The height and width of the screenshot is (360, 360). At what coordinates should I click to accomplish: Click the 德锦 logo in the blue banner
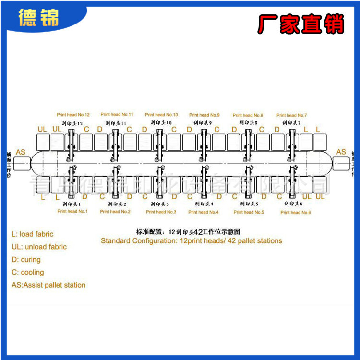[38, 18]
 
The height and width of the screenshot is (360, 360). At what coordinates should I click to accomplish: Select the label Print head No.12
[73, 115]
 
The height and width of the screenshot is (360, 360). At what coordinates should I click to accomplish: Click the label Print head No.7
[291, 115]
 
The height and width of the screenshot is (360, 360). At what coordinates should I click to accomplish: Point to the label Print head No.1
[72, 211]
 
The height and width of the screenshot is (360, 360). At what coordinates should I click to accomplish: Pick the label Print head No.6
[296, 212]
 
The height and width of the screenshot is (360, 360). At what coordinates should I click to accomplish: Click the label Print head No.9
[204, 115]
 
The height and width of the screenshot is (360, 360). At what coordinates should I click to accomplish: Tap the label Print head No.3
[161, 212]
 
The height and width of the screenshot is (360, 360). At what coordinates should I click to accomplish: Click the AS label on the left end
[21, 152]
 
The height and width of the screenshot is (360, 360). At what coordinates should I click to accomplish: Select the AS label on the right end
[341, 152]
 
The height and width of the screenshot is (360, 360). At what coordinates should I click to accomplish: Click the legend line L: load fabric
[32, 234]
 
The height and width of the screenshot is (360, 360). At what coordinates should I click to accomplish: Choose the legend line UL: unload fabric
[39, 247]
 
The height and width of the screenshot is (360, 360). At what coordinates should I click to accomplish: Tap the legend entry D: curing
[26, 260]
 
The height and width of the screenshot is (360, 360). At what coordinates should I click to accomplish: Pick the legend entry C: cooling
[27, 272]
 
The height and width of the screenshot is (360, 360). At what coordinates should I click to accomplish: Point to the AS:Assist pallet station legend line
[48, 285]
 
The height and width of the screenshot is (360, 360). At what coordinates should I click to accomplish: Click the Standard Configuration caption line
[191, 241]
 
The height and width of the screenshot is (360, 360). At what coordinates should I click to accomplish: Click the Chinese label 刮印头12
[72, 123]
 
